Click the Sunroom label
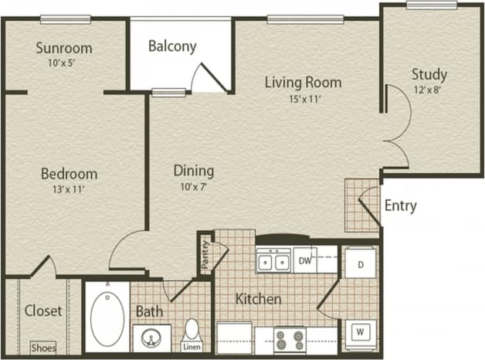pyautogui.click(x=64, y=48)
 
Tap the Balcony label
pyautogui.click(x=172, y=46)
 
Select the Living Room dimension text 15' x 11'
pyautogui.click(x=303, y=100)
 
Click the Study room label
pyautogui.click(x=429, y=74)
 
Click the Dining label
pyautogui.click(x=193, y=171)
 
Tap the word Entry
pyautogui.click(x=400, y=205)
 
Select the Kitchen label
pyautogui.click(x=258, y=299)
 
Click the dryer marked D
pyautogui.click(x=360, y=263)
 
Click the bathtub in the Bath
pyautogui.click(x=107, y=317)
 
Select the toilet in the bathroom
pyautogui.click(x=192, y=330)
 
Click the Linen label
pyautogui.click(x=191, y=347)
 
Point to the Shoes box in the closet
pyautogui.click(x=42, y=347)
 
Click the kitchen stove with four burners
pyautogui.click(x=290, y=339)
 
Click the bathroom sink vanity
pyautogui.click(x=151, y=338)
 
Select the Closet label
pyautogui.click(x=43, y=311)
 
